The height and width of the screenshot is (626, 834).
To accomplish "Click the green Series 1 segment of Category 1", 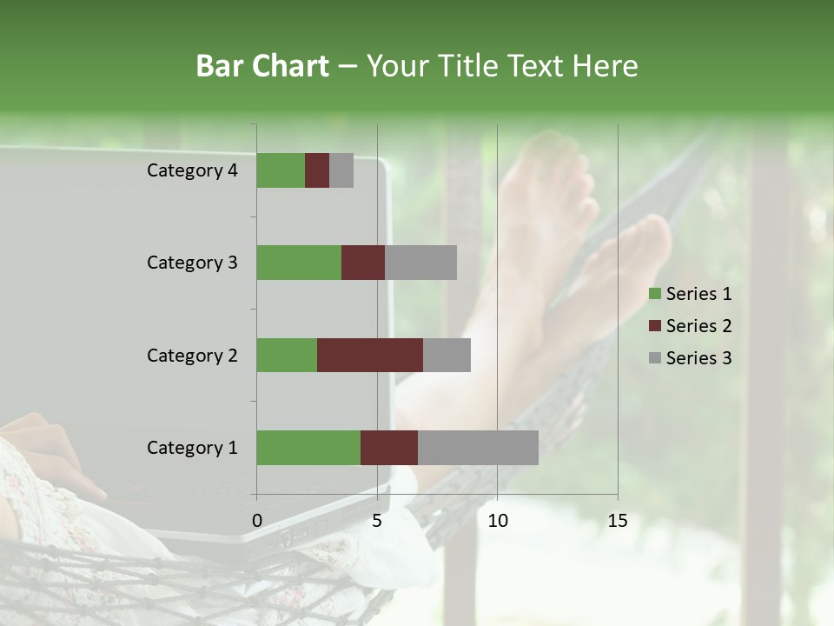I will tap(308, 448).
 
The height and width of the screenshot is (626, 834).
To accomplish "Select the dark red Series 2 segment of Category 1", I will tap(389, 448).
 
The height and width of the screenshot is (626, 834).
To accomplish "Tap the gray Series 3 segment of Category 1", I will tap(478, 448).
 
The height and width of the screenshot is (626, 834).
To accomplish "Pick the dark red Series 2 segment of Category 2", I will tap(370, 355).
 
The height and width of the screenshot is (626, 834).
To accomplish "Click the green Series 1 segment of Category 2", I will tap(287, 355).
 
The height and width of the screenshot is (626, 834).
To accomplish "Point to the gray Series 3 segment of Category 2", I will tap(447, 355).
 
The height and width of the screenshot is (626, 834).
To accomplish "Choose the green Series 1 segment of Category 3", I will tap(299, 263).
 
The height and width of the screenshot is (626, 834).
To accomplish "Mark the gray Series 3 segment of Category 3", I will tap(420, 263).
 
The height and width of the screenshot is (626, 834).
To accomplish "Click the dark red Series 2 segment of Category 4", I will tap(317, 170).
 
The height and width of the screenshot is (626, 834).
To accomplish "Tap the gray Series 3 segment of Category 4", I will tap(341, 170).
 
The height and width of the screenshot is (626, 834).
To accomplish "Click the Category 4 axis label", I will tap(192, 170).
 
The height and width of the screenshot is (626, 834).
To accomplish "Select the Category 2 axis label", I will tap(192, 355).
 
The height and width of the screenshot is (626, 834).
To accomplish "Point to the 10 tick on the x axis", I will tap(497, 521).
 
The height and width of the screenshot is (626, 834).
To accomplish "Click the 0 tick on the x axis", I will tap(257, 521).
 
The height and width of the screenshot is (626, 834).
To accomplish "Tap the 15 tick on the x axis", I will tap(618, 521).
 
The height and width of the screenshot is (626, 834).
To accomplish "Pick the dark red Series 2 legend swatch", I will tap(654, 326).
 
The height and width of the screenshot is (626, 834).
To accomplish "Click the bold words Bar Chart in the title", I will tap(262, 66).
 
